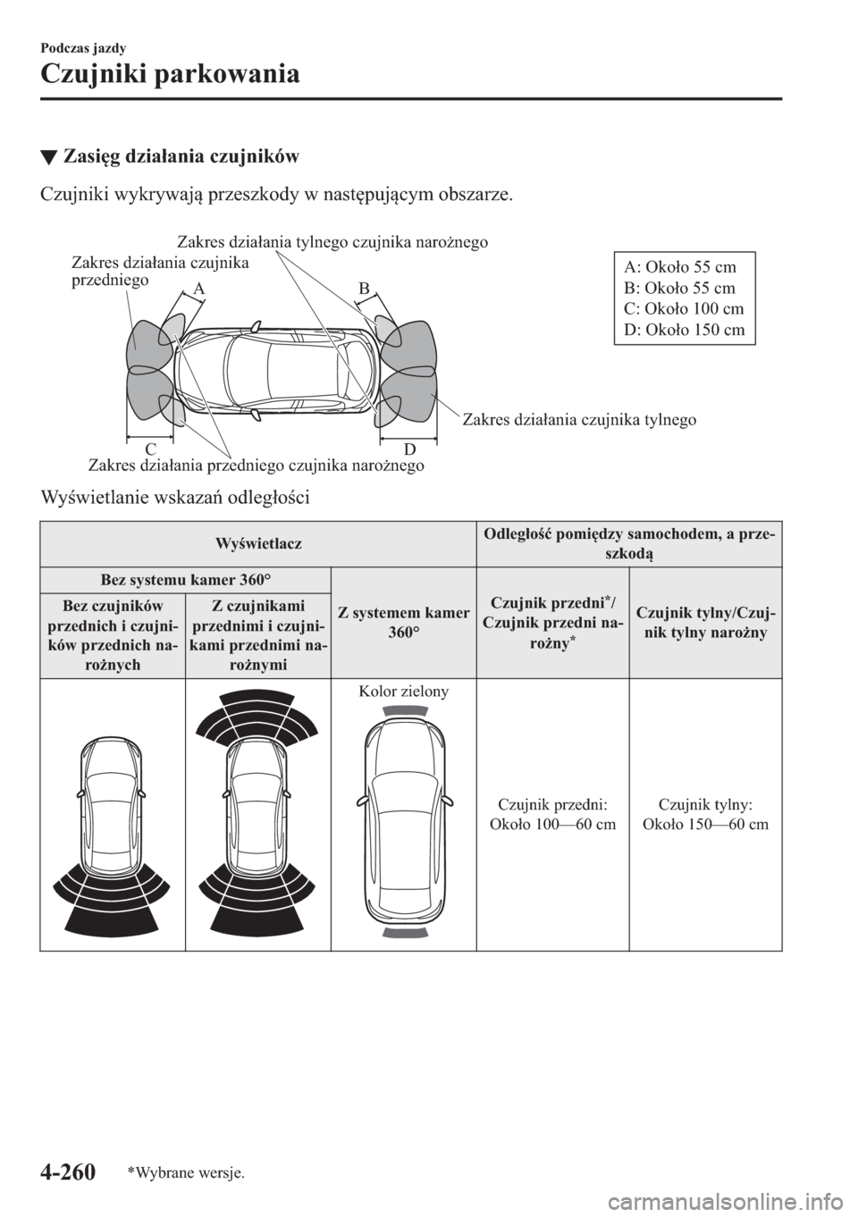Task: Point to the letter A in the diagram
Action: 198,289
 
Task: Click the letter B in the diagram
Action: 365,288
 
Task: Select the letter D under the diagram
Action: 408,447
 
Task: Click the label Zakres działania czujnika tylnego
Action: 579,418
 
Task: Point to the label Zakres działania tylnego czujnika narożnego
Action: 332,241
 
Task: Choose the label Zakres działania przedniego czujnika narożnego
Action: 256,465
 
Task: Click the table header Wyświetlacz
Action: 258,543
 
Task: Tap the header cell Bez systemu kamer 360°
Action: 185,577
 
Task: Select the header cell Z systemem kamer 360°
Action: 404,622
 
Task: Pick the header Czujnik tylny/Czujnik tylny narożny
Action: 706,622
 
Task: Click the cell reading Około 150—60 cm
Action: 706,823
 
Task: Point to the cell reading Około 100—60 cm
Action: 553,823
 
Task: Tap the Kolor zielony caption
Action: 404,690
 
